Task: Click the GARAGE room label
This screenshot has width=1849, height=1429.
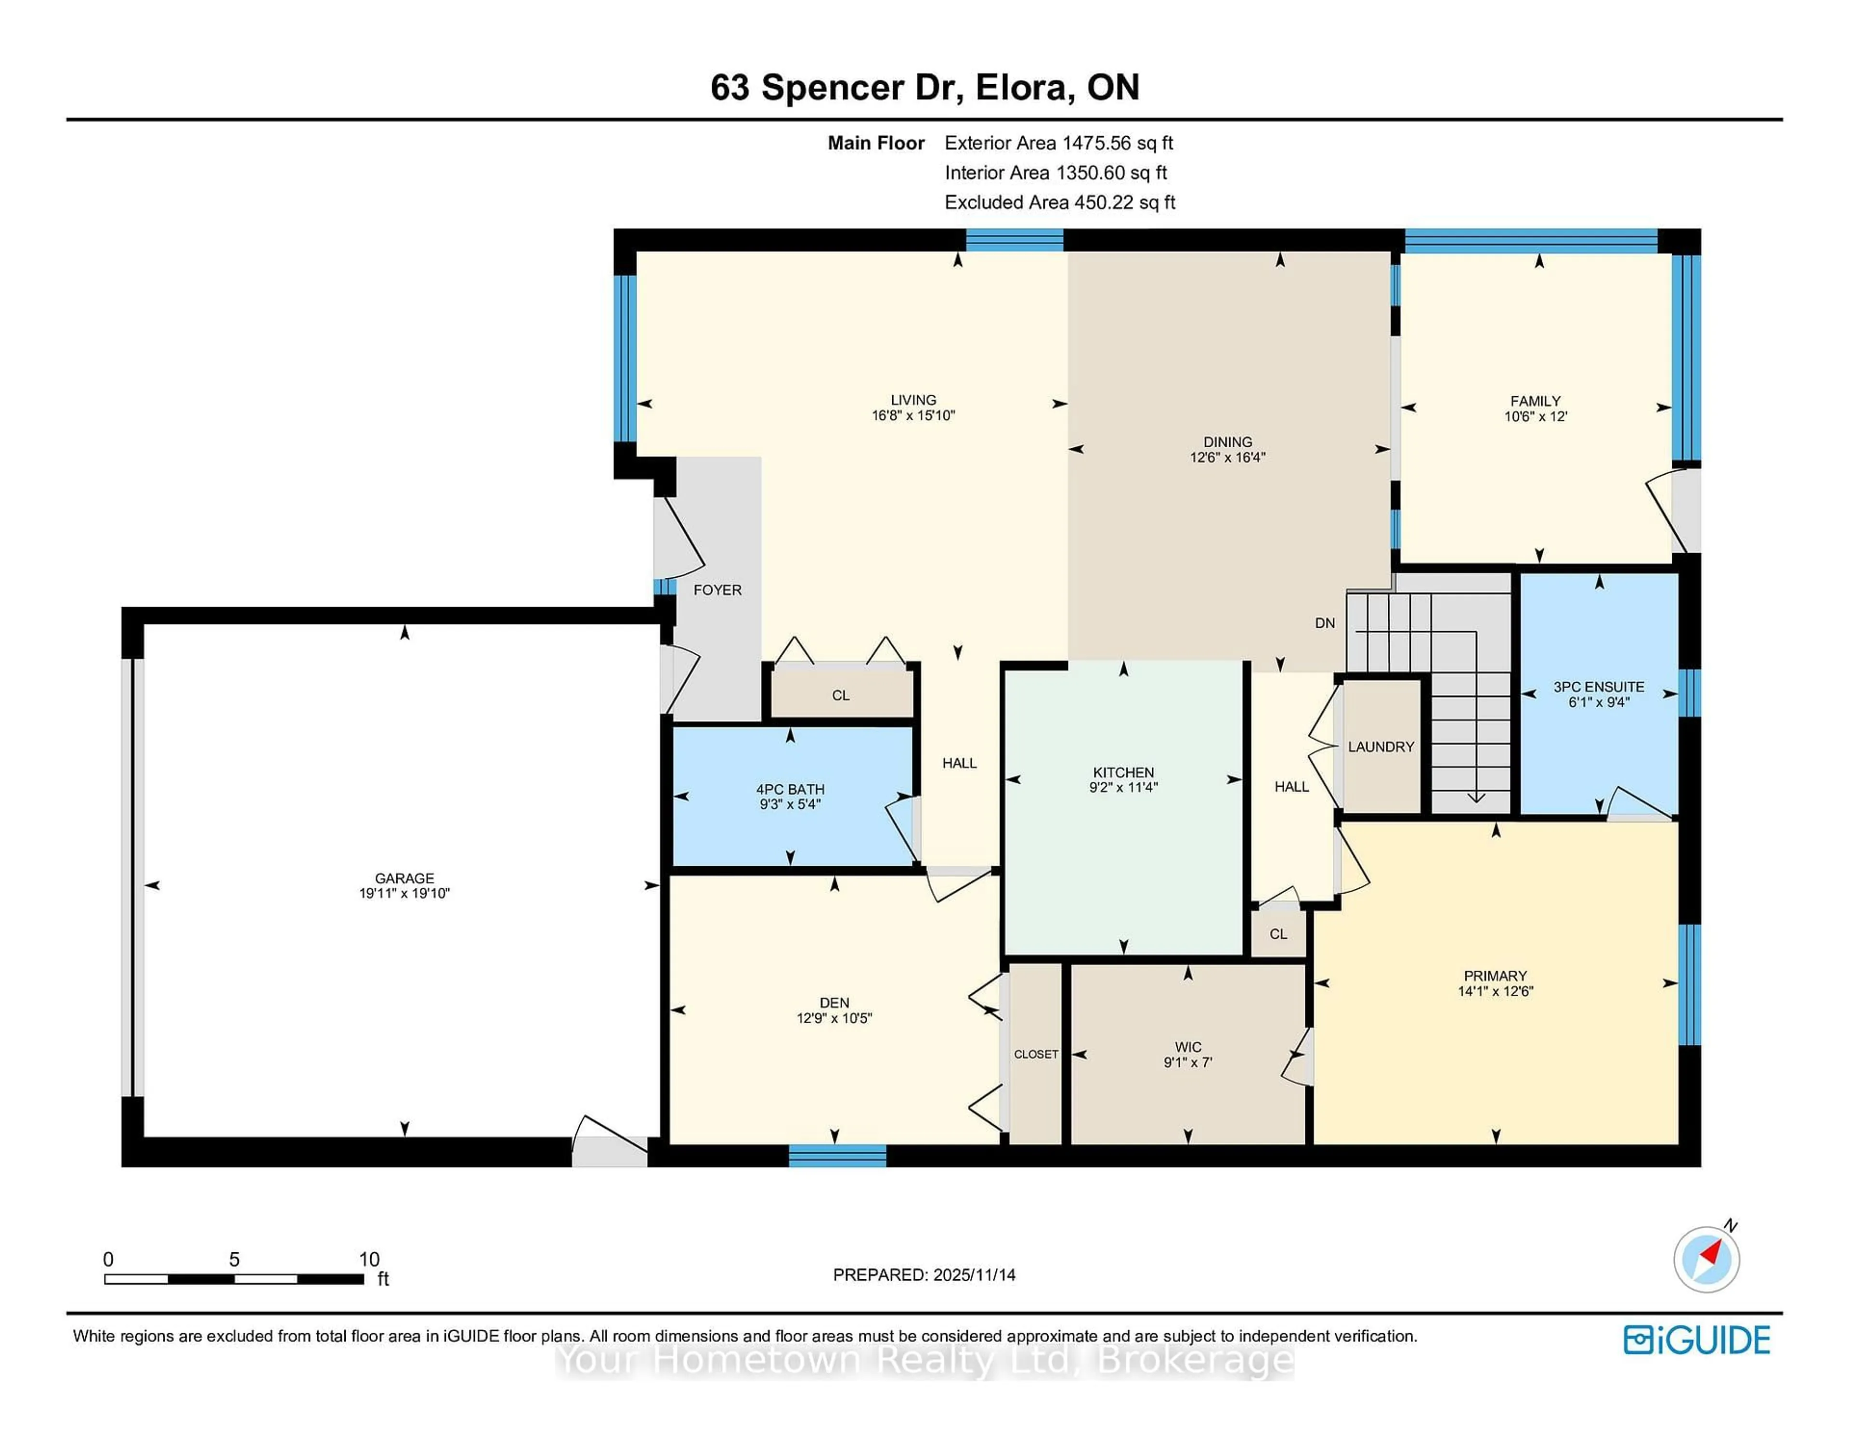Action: coord(404,878)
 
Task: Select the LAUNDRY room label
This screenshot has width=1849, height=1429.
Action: coord(1381,747)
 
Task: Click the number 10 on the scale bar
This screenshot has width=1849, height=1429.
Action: coord(369,1259)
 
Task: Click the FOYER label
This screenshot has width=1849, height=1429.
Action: coord(717,590)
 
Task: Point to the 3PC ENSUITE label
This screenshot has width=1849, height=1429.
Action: coord(1599,687)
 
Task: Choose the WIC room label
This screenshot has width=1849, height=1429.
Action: coord(1188,1047)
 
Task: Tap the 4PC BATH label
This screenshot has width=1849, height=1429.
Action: coord(790,789)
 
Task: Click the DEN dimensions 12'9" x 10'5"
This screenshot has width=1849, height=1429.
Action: coord(834,1018)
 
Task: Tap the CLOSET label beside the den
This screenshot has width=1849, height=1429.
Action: coord(1036,1054)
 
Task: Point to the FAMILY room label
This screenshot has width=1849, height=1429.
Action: coord(1535,401)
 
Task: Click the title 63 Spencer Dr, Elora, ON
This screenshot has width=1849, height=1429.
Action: coord(924,87)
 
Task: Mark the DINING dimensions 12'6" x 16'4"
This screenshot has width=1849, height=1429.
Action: coord(1227,457)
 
